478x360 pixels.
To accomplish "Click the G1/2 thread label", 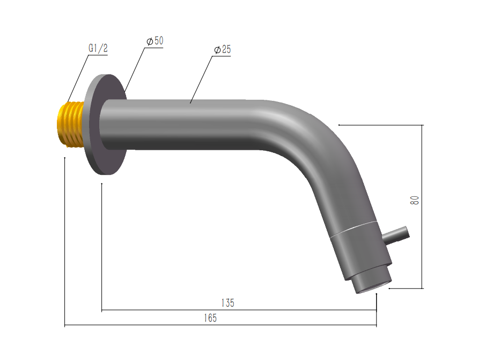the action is click(98, 48).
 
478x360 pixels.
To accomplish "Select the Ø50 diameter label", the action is click(155, 41).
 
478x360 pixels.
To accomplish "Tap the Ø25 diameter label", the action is click(223, 49).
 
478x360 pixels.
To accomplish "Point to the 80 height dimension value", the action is click(415, 200).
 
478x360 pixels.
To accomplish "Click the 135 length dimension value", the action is click(227, 303).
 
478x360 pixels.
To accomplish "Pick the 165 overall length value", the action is click(210, 318).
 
